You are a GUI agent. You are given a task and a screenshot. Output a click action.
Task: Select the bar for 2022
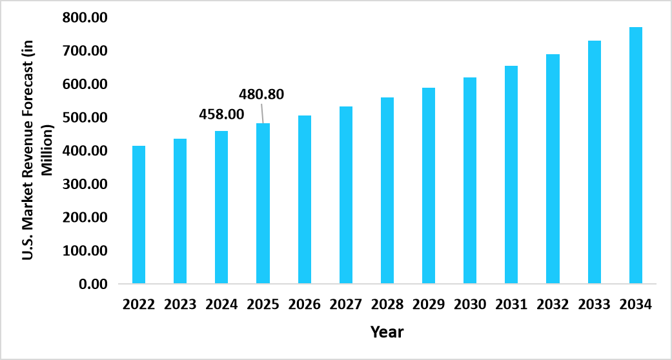(139, 214)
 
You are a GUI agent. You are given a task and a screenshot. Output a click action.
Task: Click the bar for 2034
(636, 155)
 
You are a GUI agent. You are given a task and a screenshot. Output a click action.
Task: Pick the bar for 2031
(511, 174)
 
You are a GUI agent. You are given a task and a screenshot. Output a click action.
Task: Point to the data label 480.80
(261, 95)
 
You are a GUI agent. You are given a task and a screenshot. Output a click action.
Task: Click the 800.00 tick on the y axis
(85, 17)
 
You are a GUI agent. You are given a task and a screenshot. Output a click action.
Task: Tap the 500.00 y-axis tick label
(85, 117)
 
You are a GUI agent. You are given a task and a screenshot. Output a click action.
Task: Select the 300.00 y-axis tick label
(85, 184)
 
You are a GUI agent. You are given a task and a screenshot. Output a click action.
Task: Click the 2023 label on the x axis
(180, 304)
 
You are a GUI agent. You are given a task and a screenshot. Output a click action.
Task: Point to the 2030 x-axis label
(470, 304)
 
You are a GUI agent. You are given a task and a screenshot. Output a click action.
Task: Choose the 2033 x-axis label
(594, 304)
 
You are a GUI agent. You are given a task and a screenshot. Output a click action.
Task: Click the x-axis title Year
(387, 332)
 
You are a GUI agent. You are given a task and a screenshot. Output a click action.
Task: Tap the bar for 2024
(221, 207)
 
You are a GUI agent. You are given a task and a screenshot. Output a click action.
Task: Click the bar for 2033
(595, 162)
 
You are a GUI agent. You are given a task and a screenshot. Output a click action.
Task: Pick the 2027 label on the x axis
(346, 304)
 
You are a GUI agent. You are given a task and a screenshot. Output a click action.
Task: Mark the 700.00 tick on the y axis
(85, 50)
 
